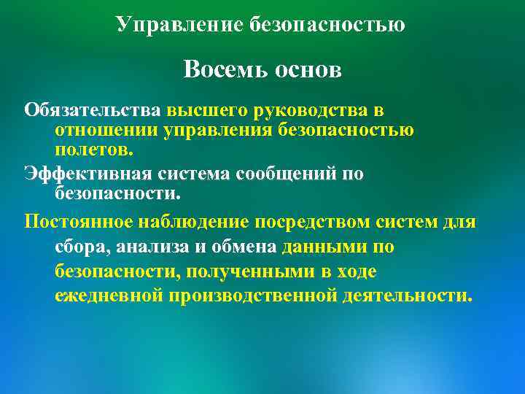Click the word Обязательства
pos(93,110)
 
